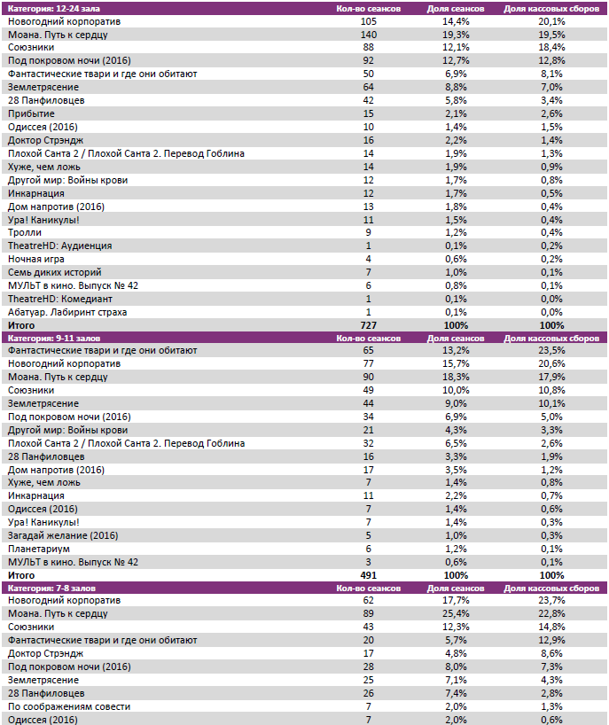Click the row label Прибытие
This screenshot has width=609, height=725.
(31, 113)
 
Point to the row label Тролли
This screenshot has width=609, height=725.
(24, 232)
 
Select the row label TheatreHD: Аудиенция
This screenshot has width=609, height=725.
(59, 246)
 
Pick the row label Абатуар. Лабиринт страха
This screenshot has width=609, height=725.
(67, 312)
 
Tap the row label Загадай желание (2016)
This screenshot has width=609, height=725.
(63, 535)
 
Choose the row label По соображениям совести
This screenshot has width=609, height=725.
(69, 706)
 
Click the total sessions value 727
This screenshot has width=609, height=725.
(369, 325)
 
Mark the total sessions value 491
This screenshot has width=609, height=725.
(369, 575)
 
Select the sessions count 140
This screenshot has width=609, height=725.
(369, 35)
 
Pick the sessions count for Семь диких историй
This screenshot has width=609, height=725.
(369, 272)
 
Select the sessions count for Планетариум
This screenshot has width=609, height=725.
(369, 549)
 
